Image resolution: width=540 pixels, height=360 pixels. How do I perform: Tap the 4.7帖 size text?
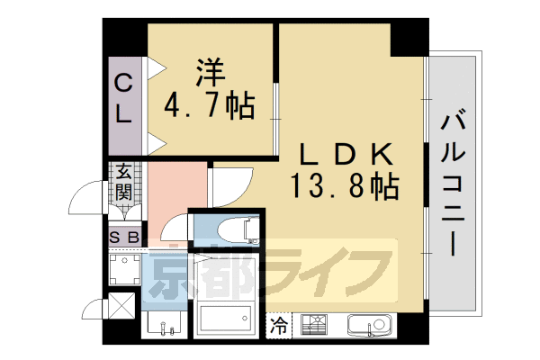click(209, 106)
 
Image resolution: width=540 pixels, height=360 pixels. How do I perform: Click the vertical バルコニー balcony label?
click(454, 181)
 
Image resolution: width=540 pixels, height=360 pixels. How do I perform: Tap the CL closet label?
click(123, 100)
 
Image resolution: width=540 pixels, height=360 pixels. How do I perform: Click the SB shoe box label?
click(124, 237)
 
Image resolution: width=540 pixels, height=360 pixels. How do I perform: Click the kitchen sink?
click(368, 325)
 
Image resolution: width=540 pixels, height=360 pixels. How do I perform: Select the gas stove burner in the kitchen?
click(316, 325)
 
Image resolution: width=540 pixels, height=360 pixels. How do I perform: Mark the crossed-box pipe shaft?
click(122, 308)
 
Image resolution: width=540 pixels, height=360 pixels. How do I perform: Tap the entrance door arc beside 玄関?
click(90, 195)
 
